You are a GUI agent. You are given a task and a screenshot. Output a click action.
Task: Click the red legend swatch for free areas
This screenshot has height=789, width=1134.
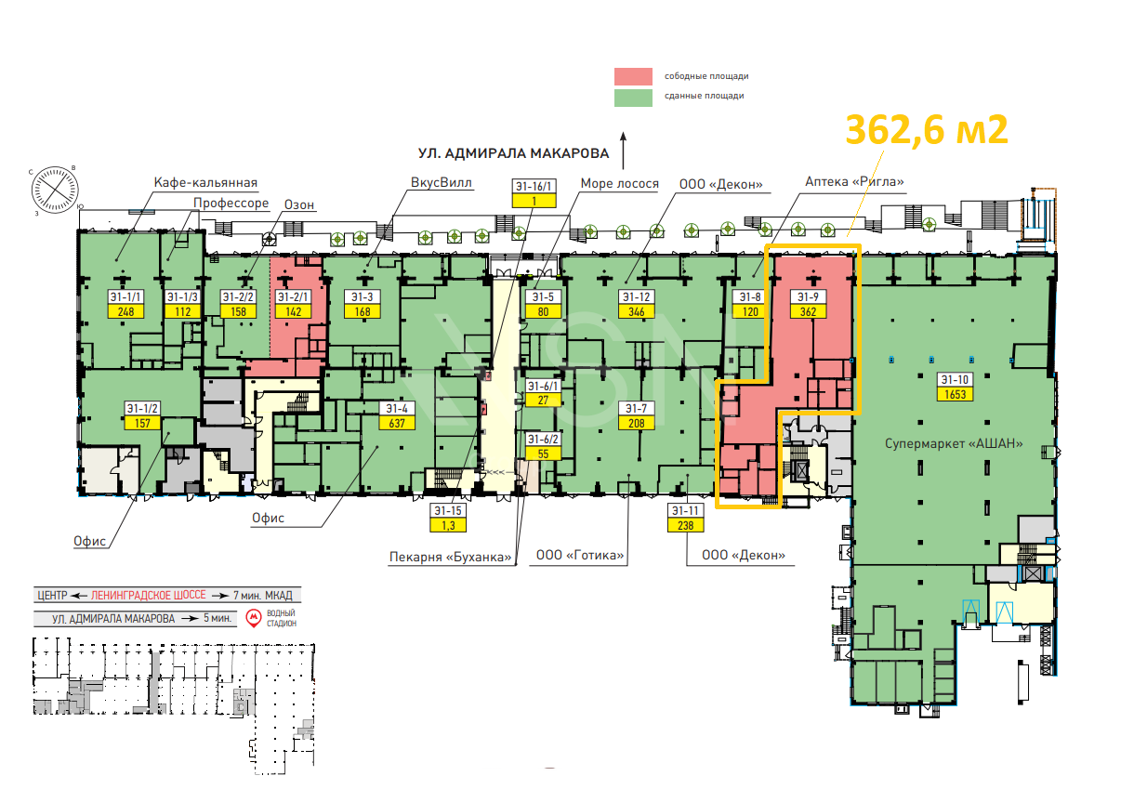tap(633, 76)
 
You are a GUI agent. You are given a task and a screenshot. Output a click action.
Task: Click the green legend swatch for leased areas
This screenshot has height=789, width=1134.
tap(633, 98)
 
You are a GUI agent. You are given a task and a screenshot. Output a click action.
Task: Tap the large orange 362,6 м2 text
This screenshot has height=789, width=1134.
tap(927, 130)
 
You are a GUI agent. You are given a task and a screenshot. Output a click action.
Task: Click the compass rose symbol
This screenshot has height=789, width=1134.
tap(55, 190)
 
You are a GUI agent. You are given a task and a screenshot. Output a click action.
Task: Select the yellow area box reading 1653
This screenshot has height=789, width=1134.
tap(955, 394)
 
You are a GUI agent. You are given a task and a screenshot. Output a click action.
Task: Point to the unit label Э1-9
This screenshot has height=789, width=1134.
tap(808, 297)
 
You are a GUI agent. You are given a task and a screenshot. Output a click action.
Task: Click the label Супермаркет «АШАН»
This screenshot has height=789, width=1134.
tap(954, 444)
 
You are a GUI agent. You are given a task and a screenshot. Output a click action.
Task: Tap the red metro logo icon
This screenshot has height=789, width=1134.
tap(254, 618)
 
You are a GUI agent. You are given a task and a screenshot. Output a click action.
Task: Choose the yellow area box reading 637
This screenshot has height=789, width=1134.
tap(397, 423)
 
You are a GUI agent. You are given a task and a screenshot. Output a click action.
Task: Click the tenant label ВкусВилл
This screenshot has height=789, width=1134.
tap(441, 183)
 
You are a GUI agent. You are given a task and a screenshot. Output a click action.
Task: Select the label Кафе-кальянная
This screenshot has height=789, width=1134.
tap(205, 183)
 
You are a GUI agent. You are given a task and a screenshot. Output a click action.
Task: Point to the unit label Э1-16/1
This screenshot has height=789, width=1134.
tap(534, 186)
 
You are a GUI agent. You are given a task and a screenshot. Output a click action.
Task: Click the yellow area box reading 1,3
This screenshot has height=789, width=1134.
tap(448, 525)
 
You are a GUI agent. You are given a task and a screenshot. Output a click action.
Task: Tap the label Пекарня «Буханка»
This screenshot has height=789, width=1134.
tap(450, 558)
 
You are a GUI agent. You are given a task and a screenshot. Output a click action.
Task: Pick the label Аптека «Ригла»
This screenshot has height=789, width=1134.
tap(854, 182)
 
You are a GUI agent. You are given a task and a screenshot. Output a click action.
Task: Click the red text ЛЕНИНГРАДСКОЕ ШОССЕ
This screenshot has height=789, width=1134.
tap(149, 595)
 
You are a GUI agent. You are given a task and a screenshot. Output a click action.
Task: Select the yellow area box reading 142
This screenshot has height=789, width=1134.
tap(294, 311)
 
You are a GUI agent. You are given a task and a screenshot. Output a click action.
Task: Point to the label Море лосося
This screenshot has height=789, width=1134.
tap(620, 184)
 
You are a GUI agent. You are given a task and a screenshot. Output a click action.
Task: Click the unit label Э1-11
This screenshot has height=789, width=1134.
tap(685, 510)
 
